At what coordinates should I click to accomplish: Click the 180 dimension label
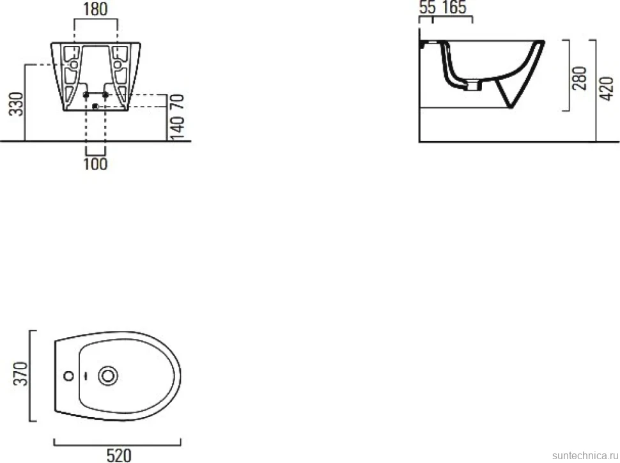[x=96, y=9]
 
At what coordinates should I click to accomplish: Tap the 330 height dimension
[x=17, y=104]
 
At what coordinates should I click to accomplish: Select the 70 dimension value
[x=178, y=102]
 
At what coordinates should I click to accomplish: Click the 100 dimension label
[x=95, y=163]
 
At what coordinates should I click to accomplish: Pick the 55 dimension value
[x=428, y=7]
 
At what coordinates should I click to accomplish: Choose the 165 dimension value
[x=454, y=7]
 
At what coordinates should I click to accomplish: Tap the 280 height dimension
[x=580, y=78]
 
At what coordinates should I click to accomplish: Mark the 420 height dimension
[x=607, y=89]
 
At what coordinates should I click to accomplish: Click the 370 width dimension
[x=20, y=374]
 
